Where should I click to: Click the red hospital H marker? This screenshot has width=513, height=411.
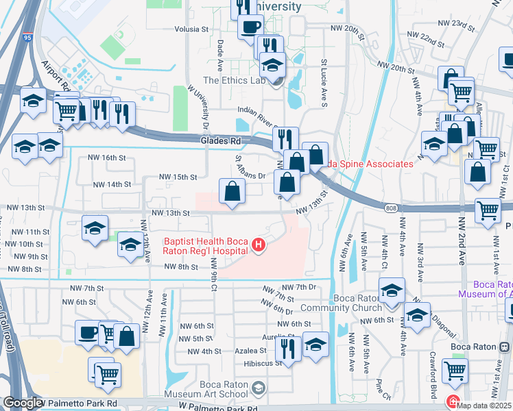258,245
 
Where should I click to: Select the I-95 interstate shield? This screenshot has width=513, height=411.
27,38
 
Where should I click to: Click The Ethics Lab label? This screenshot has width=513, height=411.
234,80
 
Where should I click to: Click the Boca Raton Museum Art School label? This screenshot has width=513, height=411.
224,389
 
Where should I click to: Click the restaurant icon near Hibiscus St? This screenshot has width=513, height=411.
288,349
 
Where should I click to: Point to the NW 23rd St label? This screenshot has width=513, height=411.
458,25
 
